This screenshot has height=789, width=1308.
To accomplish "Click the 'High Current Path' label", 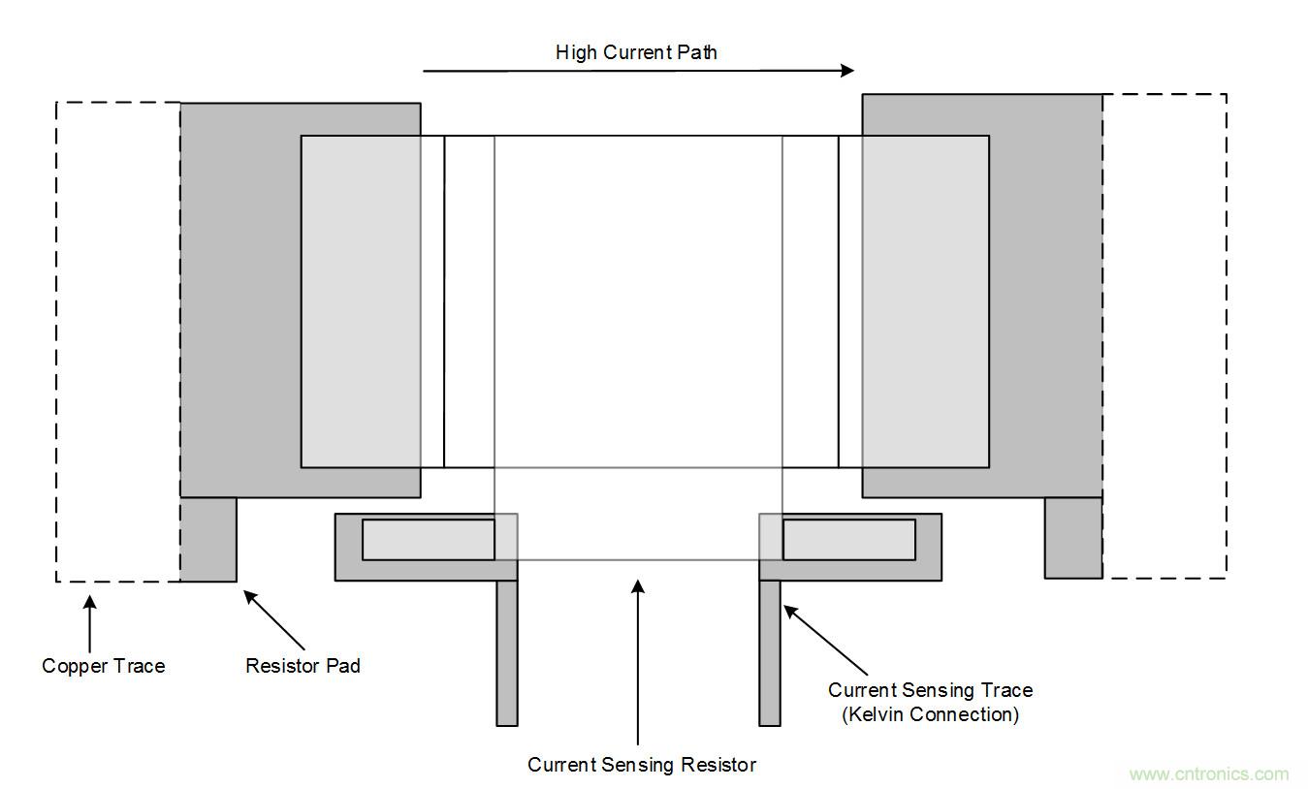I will tap(636, 52).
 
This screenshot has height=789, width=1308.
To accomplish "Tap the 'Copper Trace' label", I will tap(103, 666).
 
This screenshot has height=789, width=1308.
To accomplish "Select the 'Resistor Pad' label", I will tap(303, 666).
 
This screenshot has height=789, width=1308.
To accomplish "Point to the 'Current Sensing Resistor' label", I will tap(641, 765).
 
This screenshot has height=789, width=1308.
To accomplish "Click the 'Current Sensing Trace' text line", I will tap(930, 690).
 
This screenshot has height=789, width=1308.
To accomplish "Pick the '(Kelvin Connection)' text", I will tap(930, 715).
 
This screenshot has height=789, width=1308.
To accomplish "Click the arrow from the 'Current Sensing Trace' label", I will tap(825, 640).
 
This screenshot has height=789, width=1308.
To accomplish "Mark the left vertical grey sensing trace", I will tap(506, 652).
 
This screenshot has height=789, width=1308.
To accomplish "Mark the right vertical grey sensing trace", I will tap(770, 652).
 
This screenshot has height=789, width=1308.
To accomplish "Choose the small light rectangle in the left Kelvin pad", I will tap(428, 540).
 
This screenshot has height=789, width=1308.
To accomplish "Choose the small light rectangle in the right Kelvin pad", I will tap(848, 540).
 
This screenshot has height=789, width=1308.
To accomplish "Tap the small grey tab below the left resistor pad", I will tap(208, 539).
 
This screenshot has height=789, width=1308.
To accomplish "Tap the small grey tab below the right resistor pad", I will tap(1072, 538).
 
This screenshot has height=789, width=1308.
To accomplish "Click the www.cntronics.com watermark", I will tap(1209, 774).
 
